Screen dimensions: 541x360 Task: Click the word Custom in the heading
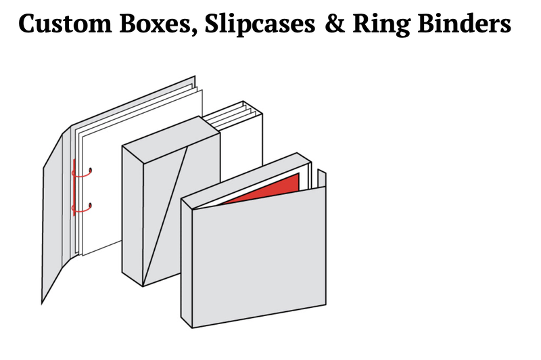pyautogui.click(x=65, y=23)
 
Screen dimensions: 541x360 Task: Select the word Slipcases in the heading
pyautogui.click(x=260, y=24)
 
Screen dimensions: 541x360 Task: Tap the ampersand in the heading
pyautogui.click(x=335, y=23)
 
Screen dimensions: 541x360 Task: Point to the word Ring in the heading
pyautogui.click(x=381, y=24)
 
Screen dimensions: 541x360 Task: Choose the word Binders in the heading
pyautogui.click(x=465, y=23)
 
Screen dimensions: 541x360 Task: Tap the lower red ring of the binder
pyautogui.click(x=83, y=208)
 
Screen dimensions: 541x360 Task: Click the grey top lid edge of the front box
pyautogui.click(x=247, y=179)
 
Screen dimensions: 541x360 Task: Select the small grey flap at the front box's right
pyautogui.click(x=322, y=179)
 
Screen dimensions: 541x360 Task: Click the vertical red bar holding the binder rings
pyautogui.click(x=74, y=187)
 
